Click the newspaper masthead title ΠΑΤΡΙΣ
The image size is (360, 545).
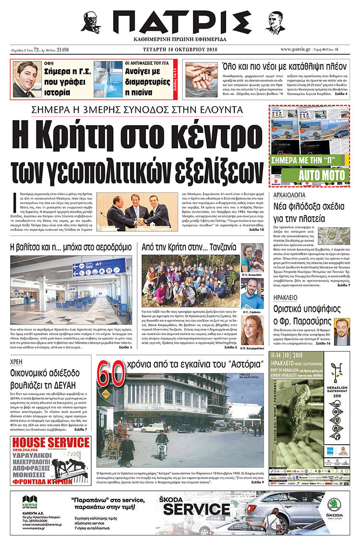(x=180, y=22)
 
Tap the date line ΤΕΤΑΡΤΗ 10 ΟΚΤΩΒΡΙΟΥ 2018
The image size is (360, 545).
(x=180, y=49)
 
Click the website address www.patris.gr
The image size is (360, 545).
(x=300, y=49)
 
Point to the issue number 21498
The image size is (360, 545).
(x=62, y=49)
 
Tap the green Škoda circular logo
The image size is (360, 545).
(x=334, y=504)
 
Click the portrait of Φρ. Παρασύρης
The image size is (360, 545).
(x=342, y=331)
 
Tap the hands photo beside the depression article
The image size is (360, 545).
(x=200, y=79)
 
